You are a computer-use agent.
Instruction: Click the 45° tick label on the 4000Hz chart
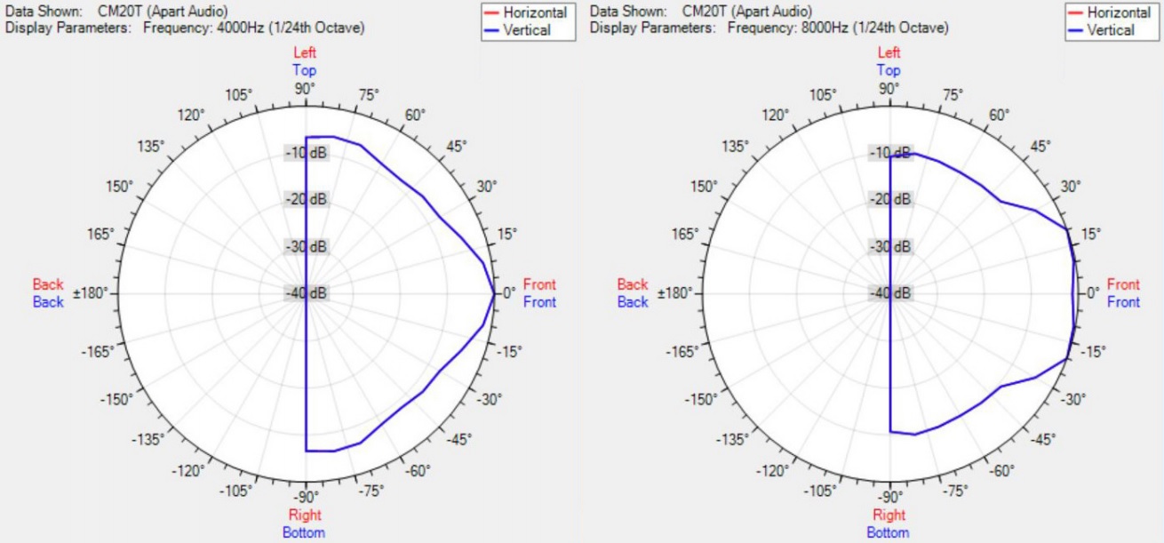tap(457, 147)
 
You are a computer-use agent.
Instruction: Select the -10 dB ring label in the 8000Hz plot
tap(890, 154)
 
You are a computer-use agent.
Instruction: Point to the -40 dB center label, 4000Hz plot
tap(306, 293)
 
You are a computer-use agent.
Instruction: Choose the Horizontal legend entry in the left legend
tap(535, 13)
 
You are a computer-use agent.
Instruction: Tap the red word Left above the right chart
tap(889, 53)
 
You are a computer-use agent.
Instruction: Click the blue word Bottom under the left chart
tap(304, 532)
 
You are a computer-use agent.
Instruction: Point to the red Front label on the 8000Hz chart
tap(1123, 285)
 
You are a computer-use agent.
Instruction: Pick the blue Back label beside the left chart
tap(48, 302)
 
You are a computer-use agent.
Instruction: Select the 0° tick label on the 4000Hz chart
tap(509, 293)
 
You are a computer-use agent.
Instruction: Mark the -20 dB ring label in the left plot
tap(306, 200)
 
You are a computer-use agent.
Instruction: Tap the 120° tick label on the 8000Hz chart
tap(777, 116)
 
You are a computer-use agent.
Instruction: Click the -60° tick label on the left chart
tap(417, 470)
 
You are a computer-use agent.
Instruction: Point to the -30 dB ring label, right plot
tap(890, 247)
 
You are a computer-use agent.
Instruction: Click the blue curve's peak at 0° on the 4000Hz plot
tap(494, 293)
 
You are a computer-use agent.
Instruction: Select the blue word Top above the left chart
tap(305, 70)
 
